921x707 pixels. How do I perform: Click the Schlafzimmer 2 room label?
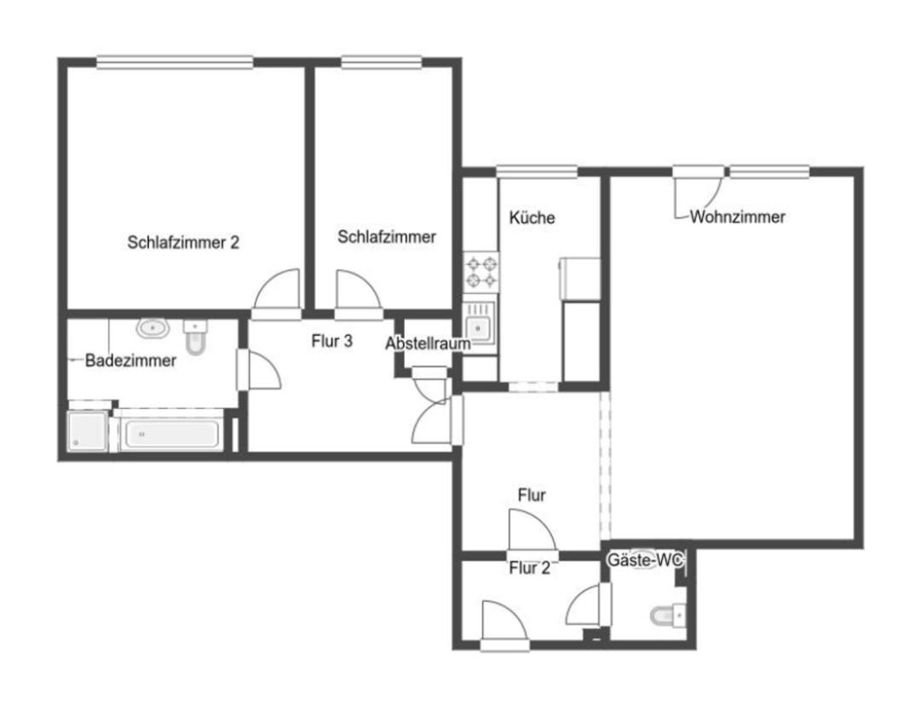pyautogui.click(x=183, y=242)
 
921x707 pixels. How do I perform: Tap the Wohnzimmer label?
pyautogui.click(x=738, y=217)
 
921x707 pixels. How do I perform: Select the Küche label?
pyautogui.click(x=532, y=218)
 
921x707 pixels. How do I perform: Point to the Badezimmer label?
pyautogui.click(x=131, y=360)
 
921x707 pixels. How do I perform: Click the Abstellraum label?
pyautogui.click(x=429, y=344)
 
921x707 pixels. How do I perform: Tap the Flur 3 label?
pyautogui.click(x=332, y=342)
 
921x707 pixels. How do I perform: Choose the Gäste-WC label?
pyautogui.click(x=645, y=560)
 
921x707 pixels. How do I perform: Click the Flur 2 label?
pyautogui.click(x=529, y=568)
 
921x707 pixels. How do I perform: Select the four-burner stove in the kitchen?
pyautogui.click(x=480, y=271)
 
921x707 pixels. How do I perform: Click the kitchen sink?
pyautogui.click(x=480, y=326)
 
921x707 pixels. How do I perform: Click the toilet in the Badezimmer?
pyautogui.click(x=196, y=336)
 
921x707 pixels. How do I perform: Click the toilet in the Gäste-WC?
pyautogui.click(x=665, y=614)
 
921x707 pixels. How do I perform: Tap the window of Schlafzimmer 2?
pyautogui.click(x=175, y=61)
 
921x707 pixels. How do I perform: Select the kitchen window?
pyautogui.click(x=537, y=170)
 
